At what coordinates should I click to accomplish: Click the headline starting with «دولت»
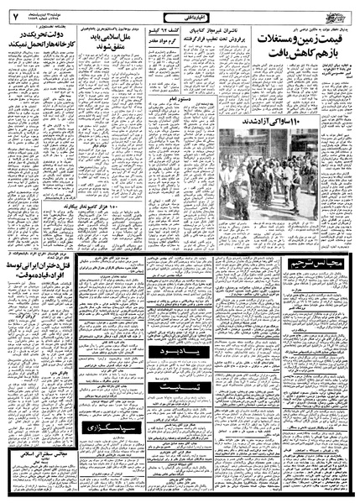click(x=39, y=40)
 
